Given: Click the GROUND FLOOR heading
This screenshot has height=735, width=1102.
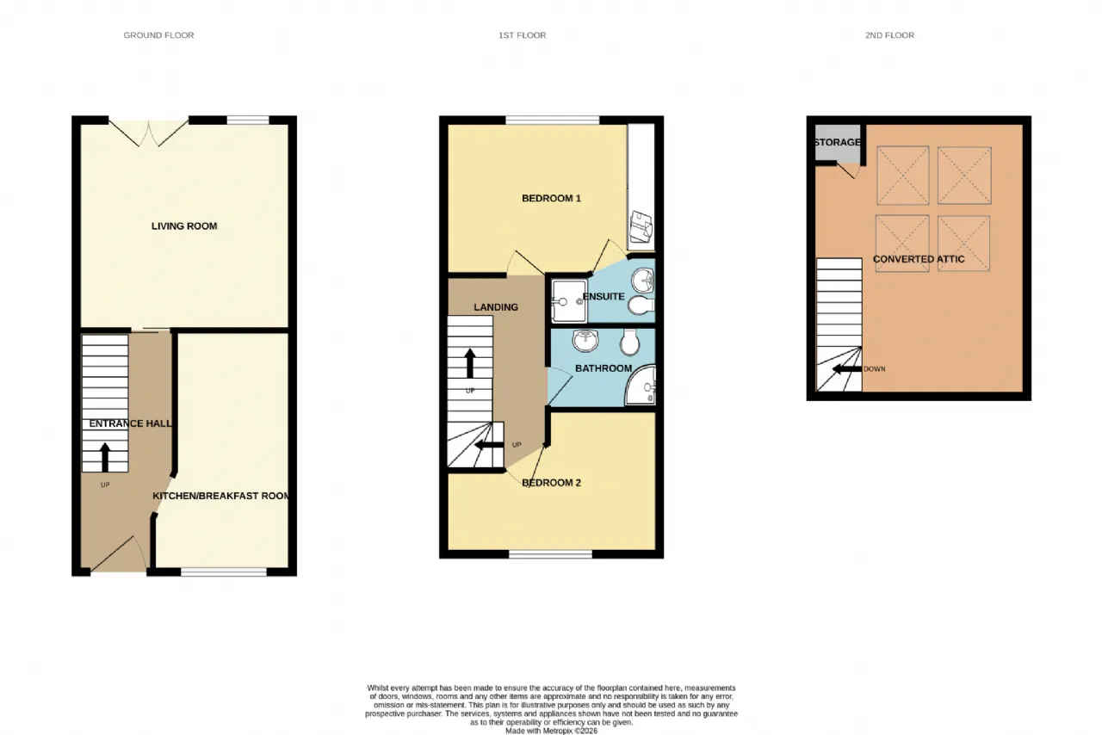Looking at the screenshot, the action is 158,35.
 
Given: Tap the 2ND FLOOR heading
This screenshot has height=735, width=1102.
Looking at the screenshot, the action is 889,35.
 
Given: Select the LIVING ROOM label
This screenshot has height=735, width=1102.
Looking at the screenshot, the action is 184,226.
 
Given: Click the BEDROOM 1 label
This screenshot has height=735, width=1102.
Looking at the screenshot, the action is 551,198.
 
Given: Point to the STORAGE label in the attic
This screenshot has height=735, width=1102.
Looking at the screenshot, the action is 838,142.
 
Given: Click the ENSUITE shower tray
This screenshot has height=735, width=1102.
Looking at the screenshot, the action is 569,300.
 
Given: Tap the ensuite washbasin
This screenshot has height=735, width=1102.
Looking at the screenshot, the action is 642,281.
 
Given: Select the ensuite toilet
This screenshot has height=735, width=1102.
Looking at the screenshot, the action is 641,306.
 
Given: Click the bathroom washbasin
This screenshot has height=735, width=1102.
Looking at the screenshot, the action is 585,341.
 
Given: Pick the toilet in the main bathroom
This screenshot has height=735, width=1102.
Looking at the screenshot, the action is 629,342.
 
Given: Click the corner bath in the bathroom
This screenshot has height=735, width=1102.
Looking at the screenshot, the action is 641,386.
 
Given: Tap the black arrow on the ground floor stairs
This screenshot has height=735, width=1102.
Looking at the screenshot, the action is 105,458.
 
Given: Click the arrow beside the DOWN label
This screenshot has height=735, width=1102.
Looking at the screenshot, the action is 846,369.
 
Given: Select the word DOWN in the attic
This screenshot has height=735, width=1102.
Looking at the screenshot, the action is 874,369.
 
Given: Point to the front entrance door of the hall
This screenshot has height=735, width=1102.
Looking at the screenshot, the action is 119,554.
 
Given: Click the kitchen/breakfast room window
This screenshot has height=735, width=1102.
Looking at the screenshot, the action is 224,572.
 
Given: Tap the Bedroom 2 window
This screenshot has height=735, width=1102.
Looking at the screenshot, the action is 550,554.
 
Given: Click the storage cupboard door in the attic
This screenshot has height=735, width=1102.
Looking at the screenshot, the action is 849,170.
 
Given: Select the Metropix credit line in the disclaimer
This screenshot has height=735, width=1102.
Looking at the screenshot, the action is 552,731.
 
